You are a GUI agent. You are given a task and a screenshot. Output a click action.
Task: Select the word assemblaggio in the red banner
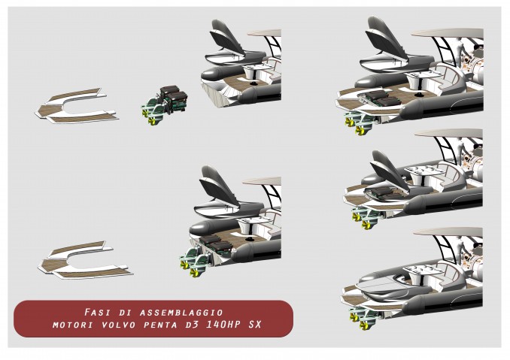click(x=181, y=313)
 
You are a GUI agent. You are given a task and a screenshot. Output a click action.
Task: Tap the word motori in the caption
click(x=73, y=325)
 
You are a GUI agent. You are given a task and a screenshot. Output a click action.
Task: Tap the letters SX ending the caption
click(x=255, y=325)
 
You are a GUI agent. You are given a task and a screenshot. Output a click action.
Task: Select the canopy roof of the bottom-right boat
click(x=448, y=232)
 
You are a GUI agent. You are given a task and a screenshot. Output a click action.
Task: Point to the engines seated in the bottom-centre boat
click(x=214, y=244)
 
